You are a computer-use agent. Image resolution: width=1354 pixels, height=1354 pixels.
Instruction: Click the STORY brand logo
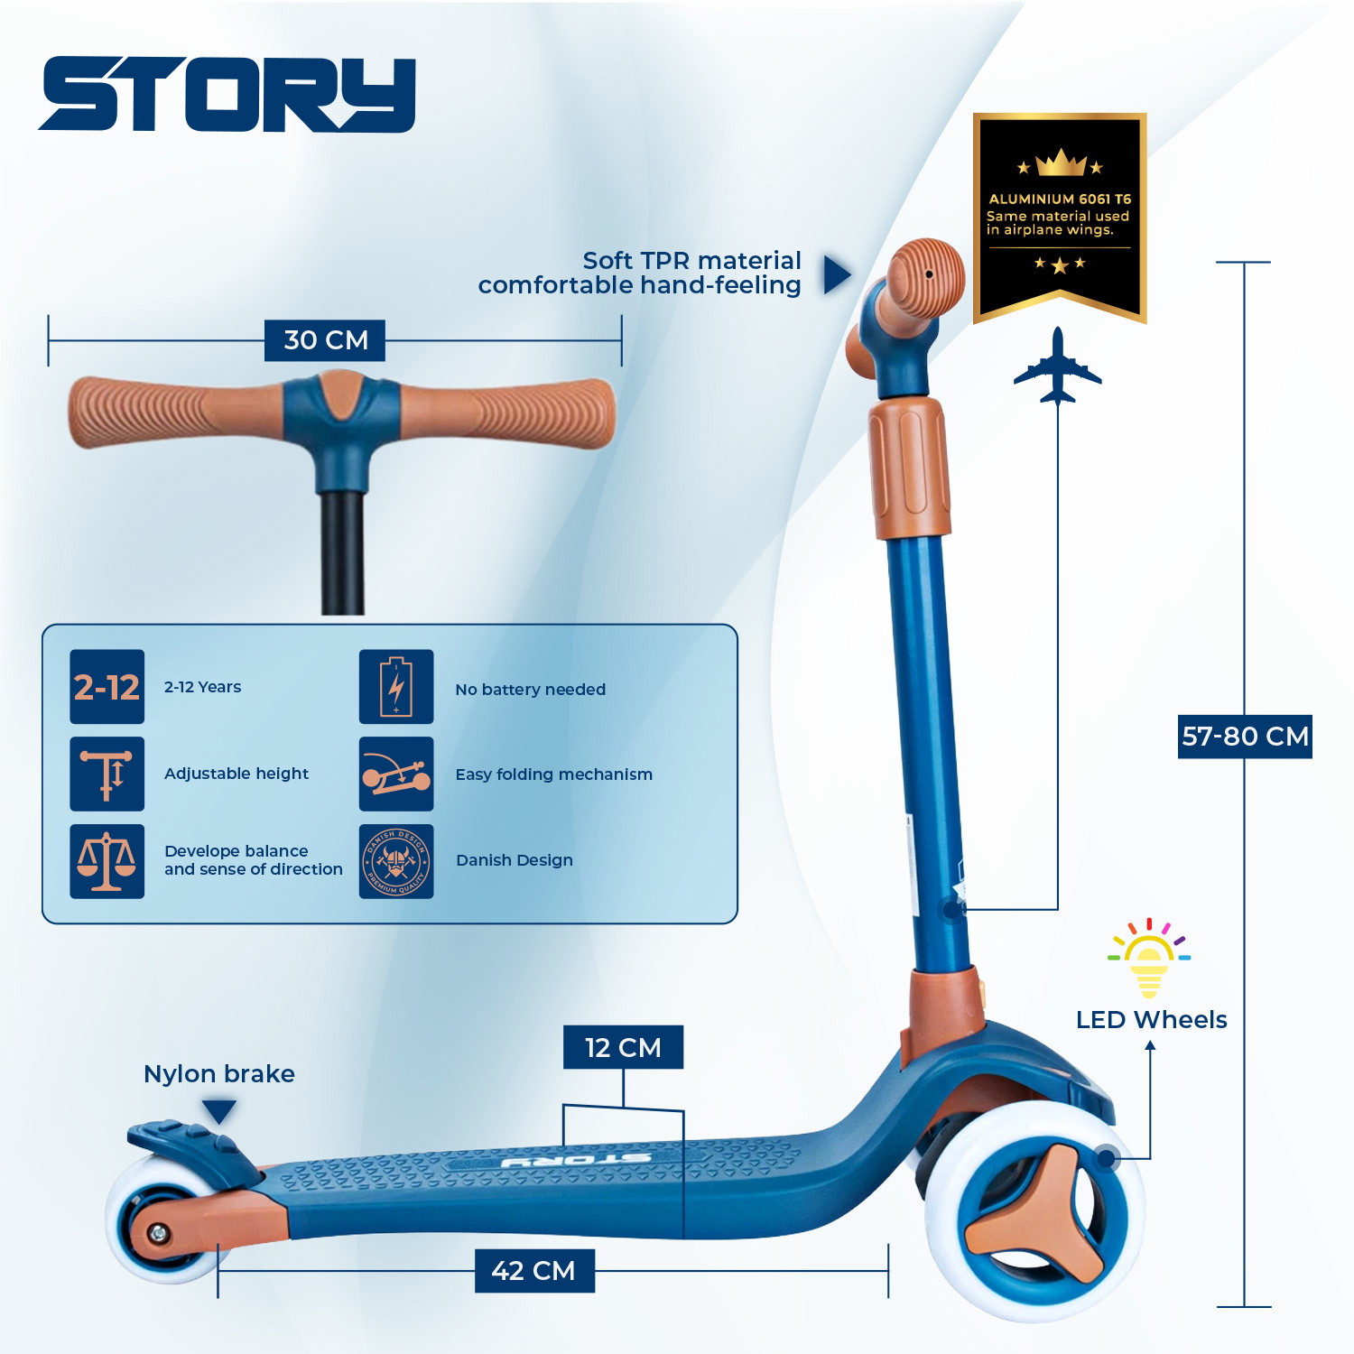(x=227, y=95)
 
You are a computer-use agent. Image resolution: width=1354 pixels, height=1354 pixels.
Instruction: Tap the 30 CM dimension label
(x=325, y=340)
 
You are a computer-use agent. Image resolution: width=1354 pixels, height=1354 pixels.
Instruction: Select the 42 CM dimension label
(x=534, y=1271)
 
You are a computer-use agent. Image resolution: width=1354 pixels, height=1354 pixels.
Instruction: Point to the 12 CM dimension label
(x=623, y=1047)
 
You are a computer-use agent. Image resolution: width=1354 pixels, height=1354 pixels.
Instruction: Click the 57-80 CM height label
(x=1245, y=737)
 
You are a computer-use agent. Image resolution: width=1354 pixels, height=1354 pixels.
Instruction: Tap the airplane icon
(x=1057, y=366)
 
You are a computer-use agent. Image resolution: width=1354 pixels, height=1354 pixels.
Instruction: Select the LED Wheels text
(x=1151, y=1020)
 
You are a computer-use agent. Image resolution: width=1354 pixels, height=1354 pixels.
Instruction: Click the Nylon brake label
(x=219, y=1073)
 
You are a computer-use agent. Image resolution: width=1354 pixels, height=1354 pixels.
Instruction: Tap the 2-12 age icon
(x=107, y=687)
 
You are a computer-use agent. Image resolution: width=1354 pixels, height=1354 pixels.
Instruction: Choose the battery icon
(x=396, y=687)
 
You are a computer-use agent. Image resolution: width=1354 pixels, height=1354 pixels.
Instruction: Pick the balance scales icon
(x=107, y=861)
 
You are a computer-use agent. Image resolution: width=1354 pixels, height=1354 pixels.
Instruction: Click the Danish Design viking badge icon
(x=396, y=861)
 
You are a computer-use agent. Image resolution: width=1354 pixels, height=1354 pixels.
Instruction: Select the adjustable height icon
(x=107, y=774)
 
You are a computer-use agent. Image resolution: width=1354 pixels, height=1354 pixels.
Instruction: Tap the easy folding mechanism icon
(x=396, y=774)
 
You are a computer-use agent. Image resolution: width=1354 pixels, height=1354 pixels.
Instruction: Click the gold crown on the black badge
(x=1060, y=162)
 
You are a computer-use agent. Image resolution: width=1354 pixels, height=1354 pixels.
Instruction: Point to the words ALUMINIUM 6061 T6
(x=1060, y=199)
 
